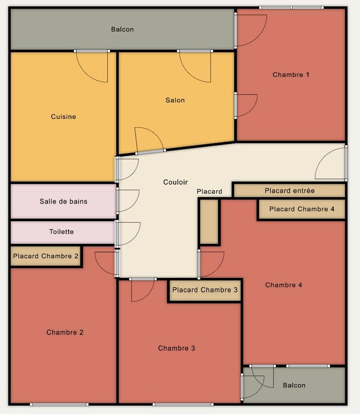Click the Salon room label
pyautogui.click(x=175, y=100)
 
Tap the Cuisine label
pyautogui.click(x=63, y=117)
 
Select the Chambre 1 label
pyautogui.click(x=291, y=75)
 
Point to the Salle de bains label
pyautogui.click(x=63, y=201)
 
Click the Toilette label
pyautogui.click(x=61, y=232)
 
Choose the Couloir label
pyautogui.click(x=175, y=182)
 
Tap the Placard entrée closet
pyautogui.click(x=289, y=190)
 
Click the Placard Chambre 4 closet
pyautogui.click(x=302, y=209)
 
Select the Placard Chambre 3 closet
pyautogui.click(x=205, y=290)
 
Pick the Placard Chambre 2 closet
pyautogui.click(x=46, y=256)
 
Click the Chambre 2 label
pyautogui.click(x=65, y=332)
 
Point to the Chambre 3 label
pyautogui.click(x=177, y=348)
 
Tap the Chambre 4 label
pyautogui.click(x=283, y=285)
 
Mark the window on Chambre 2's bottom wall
pyautogui.click(x=59, y=404)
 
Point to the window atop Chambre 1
pyautogui.click(x=291, y=8)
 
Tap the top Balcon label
pyautogui.click(x=122, y=29)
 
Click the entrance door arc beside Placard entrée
pyautogui.click(x=323, y=156)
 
